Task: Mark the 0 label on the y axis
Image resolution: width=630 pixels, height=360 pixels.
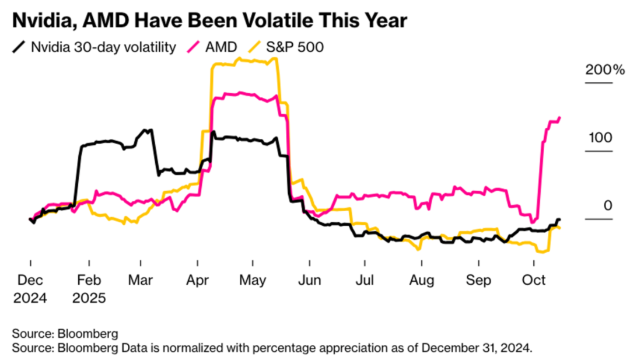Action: click(x=608, y=206)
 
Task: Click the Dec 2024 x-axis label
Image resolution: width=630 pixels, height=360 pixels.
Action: click(x=30, y=289)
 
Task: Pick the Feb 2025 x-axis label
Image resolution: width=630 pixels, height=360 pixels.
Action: click(x=89, y=289)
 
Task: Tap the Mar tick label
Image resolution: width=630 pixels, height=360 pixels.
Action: click(x=141, y=281)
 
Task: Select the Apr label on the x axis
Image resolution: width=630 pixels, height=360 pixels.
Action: click(x=198, y=281)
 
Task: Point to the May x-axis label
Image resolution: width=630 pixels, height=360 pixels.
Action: click(x=253, y=281)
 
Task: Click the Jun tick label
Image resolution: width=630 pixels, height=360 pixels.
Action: click(x=309, y=281)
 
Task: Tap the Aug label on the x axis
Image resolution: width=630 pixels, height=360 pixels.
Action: click(x=422, y=281)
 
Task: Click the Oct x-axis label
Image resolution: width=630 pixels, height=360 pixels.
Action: click(x=534, y=281)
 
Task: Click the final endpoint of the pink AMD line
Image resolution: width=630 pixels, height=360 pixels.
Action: click(x=559, y=118)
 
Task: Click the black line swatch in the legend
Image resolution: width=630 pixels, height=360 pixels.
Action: click(x=20, y=47)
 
